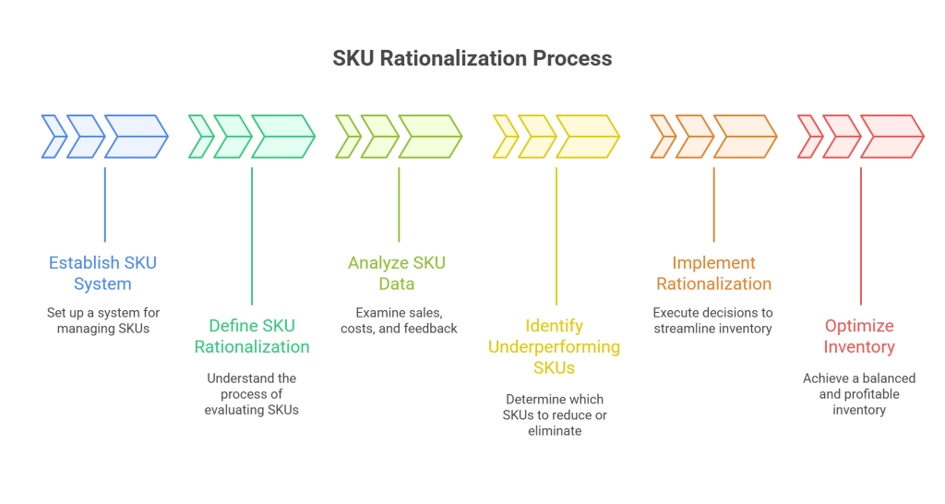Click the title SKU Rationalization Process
click(472, 59)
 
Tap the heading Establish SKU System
click(102, 272)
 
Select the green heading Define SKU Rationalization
click(251, 336)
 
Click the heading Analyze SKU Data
click(397, 272)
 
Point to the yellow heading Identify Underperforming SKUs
click(556, 346)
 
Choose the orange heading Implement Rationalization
click(713, 272)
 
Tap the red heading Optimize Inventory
click(859, 336)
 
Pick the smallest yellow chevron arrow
click(505, 137)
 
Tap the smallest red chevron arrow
click(809, 137)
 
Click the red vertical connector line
click(861, 235)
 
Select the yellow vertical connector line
click(556, 235)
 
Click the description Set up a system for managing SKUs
click(102, 320)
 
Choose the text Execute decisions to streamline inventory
click(713, 320)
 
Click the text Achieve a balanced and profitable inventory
click(859, 394)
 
